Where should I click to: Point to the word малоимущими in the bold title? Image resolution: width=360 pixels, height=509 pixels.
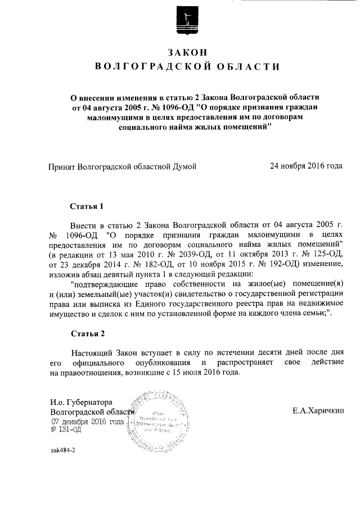pos(117,118)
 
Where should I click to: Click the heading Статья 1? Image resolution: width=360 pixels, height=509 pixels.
pos(88,206)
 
